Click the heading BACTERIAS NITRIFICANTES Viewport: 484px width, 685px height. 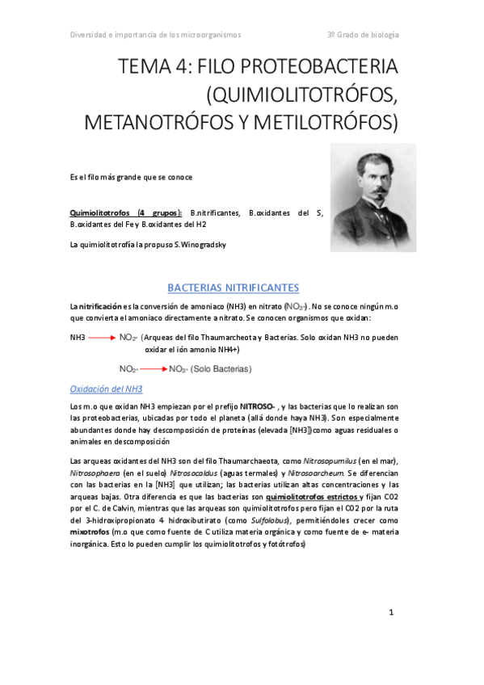[x=233, y=288]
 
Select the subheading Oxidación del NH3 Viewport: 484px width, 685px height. [x=107, y=388]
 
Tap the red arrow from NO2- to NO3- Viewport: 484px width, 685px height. [x=152, y=369]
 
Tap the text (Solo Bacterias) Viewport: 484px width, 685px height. [x=221, y=369]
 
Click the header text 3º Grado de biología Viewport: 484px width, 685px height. [x=363, y=36]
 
